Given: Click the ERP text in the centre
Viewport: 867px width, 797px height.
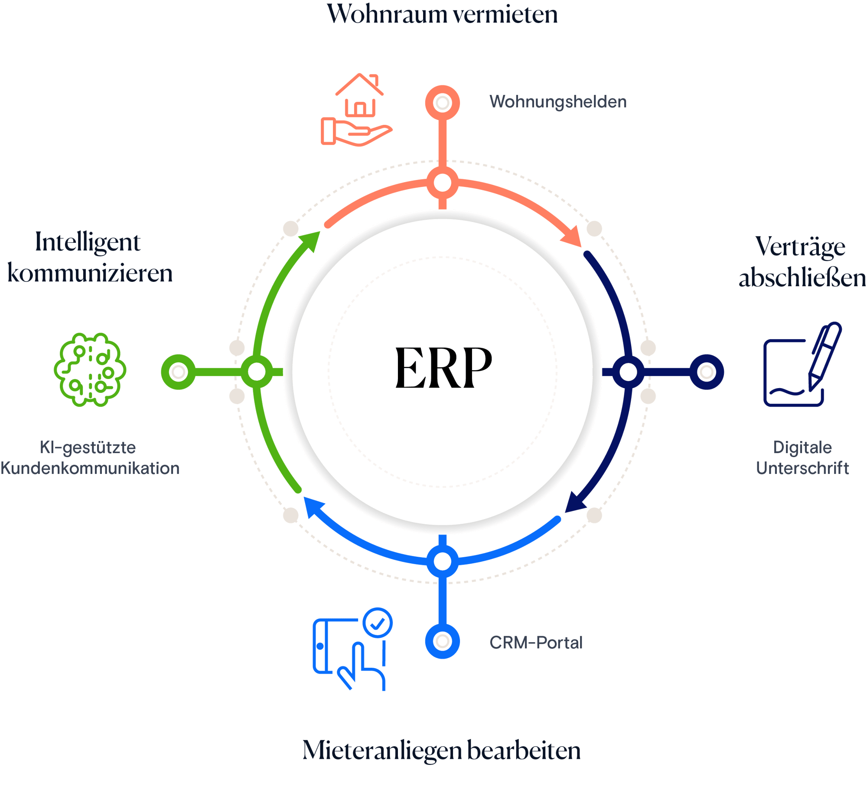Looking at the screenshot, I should (x=443, y=368).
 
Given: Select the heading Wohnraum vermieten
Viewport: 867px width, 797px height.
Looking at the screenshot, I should (x=442, y=15).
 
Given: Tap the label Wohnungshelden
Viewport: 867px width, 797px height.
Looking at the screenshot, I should (x=558, y=102).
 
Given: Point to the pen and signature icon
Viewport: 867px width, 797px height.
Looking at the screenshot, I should (x=802, y=365).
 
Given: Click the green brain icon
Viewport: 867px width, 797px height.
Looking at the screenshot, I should (x=90, y=369).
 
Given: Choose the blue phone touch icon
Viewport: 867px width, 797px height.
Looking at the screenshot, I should (x=352, y=648).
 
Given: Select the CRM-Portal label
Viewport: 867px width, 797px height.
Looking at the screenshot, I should (x=536, y=643).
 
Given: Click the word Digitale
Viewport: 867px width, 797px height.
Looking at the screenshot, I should (x=802, y=447).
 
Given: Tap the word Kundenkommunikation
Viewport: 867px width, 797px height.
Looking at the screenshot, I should (x=90, y=468).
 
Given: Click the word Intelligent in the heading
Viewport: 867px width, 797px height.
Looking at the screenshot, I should (x=88, y=242).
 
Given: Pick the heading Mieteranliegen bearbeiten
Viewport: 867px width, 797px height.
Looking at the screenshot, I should (x=441, y=751).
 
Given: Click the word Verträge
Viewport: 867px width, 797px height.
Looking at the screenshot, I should (x=800, y=246).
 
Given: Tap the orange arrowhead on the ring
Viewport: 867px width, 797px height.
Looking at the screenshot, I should (x=573, y=238).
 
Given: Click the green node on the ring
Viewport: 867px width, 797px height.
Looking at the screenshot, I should (x=257, y=372).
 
